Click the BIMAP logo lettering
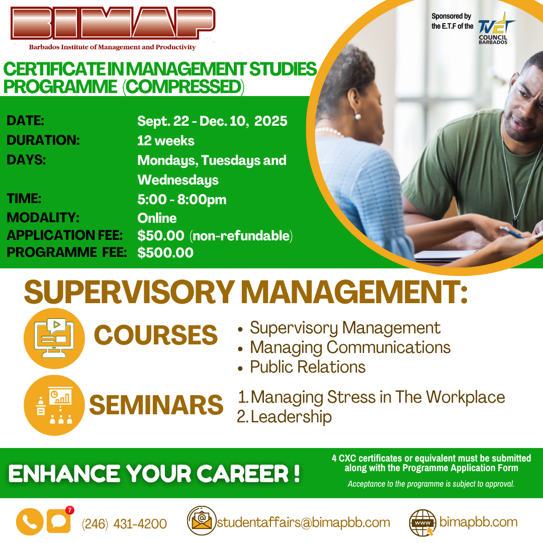tap(113, 23)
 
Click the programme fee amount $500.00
tap(165, 252)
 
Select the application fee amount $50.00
tap(161, 235)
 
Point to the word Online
tap(157, 218)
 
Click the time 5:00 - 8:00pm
tap(182, 200)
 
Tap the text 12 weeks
tap(165, 141)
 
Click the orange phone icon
tap(30, 521)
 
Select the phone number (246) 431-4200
tap(124, 523)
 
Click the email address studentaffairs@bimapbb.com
tap(303, 522)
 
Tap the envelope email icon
tap(202, 520)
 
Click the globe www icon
tap(422, 522)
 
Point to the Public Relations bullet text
tap(308, 367)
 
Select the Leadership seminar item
tap(291, 417)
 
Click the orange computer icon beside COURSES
tap(54, 338)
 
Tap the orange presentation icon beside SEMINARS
tap(54, 405)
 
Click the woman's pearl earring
tap(358, 117)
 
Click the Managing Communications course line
tap(350, 347)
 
